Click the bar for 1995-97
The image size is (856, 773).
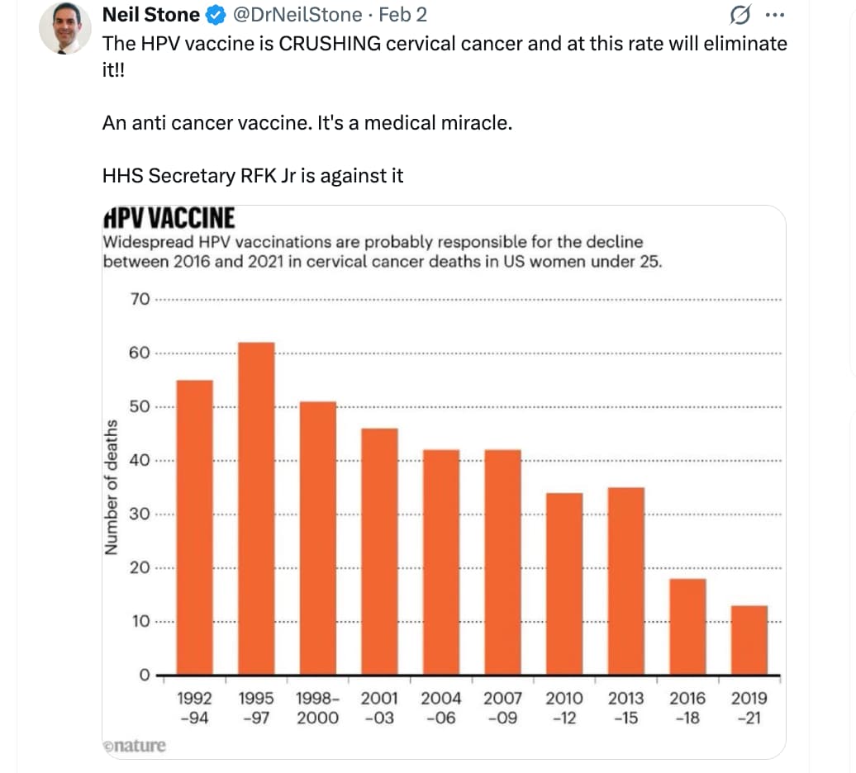click(256, 508)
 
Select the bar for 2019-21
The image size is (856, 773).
click(749, 640)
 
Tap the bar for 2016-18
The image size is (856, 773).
click(687, 627)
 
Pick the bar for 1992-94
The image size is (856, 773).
click(195, 527)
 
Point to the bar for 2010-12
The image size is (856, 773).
click(564, 584)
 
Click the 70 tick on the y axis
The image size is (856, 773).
click(140, 299)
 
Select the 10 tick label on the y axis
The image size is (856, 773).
click(140, 621)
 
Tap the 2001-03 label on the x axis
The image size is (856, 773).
click(379, 708)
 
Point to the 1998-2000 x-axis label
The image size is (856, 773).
click(317, 708)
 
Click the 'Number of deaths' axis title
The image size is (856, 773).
click(110, 487)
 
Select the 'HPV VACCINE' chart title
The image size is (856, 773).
click(169, 218)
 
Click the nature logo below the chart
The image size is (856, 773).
click(134, 746)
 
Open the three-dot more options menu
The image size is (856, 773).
click(773, 15)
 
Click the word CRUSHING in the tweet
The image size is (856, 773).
click(331, 43)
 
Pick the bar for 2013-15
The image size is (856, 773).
click(626, 581)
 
